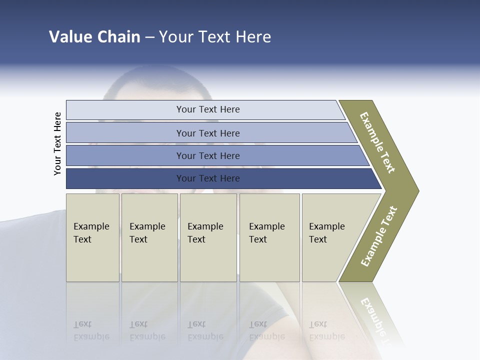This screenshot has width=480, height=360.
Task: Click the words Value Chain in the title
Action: point(94,36)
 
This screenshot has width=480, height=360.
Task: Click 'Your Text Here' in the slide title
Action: point(215,36)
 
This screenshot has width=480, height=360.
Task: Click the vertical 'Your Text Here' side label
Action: point(57,143)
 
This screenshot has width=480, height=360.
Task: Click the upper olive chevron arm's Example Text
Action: point(377,142)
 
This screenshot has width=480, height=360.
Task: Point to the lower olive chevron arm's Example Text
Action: point(379,236)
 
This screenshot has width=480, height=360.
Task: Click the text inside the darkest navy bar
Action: point(208,178)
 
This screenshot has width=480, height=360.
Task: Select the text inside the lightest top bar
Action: point(208,109)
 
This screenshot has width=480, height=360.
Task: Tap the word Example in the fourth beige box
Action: point(267,226)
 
